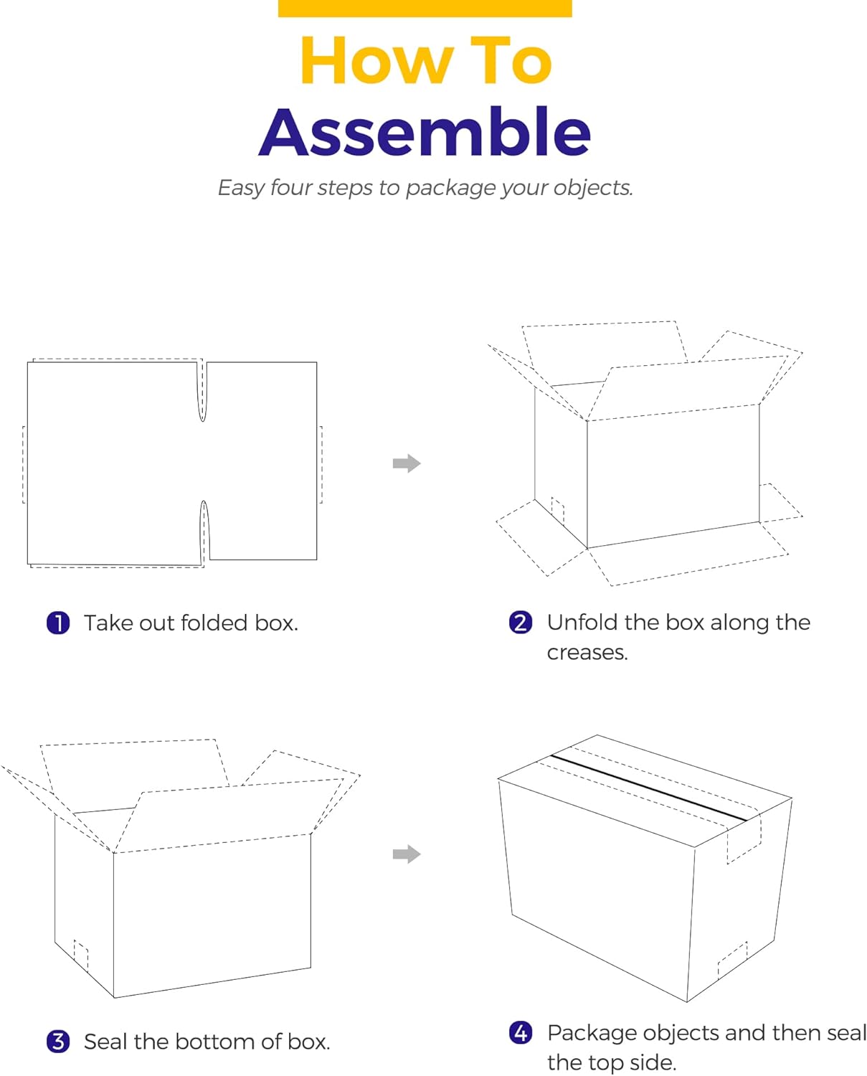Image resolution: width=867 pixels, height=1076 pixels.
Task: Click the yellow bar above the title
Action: pos(425,8)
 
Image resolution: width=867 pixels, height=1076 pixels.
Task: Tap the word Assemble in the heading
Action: pos(425,132)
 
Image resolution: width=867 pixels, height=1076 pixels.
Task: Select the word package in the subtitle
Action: pos(450,188)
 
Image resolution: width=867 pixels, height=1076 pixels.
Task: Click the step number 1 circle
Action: pos(58,623)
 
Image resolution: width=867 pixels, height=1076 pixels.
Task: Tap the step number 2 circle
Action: pos(521,622)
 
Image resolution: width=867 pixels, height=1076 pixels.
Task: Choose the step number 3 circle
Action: pos(58,1041)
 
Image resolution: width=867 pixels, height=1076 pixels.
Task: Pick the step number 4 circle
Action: pos(521,1032)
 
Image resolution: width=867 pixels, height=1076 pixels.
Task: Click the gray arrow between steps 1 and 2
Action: pos(407,463)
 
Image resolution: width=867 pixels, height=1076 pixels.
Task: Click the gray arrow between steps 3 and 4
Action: pos(407,854)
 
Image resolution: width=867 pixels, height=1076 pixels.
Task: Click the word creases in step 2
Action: pos(587,653)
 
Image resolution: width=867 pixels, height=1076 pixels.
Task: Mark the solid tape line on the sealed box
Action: pos(649,787)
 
